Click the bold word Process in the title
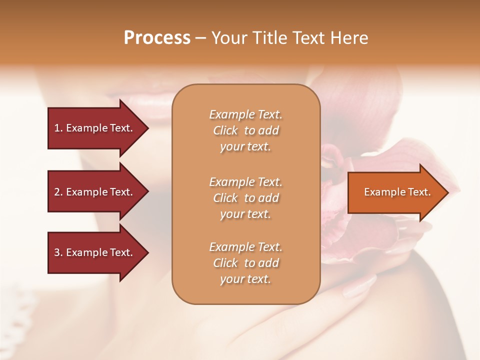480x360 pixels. pos(157,38)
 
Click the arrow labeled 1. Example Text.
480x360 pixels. pos(95,128)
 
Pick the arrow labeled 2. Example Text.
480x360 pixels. pos(95,192)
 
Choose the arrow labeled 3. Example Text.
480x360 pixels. pos(95,252)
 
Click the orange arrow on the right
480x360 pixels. pos(395,192)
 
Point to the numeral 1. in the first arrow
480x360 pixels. pos(58,128)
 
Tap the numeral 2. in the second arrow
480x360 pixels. pos(58,192)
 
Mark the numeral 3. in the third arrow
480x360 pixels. pos(58,252)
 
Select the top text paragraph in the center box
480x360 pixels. pos(245,130)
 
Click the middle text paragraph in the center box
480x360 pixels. pos(245,198)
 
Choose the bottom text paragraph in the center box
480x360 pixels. pos(245,263)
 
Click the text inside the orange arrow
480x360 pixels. pos(397,192)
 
